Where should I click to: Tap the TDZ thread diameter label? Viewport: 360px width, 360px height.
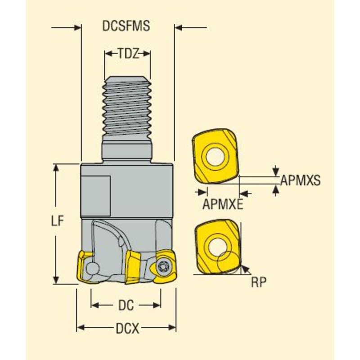click(x=127, y=54)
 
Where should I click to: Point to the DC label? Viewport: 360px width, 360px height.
click(x=126, y=306)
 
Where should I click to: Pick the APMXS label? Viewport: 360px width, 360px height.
click(x=300, y=181)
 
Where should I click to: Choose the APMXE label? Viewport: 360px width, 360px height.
click(x=223, y=204)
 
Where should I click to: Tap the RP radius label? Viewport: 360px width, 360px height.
click(x=259, y=282)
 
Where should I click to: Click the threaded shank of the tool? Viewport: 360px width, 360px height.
click(x=127, y=108)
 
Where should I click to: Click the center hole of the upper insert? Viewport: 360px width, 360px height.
click(x=214, y=156)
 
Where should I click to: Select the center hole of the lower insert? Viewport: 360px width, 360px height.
click(x=215, y=246)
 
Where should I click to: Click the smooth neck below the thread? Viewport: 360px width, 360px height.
click(x=127, y=151)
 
